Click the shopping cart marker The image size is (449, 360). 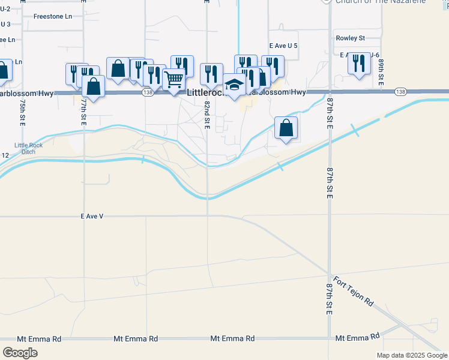click(x=173, y=79)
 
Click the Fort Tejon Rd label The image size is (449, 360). click(x=354, y=292)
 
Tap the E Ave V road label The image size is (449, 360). click(x=92, y=216)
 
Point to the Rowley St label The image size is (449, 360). click(x=351, y=38)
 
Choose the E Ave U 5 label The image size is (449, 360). click(x=283, y=46)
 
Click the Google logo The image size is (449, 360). click(x=19, y=352)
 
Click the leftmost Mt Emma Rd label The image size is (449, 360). click(x=39, y=339)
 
